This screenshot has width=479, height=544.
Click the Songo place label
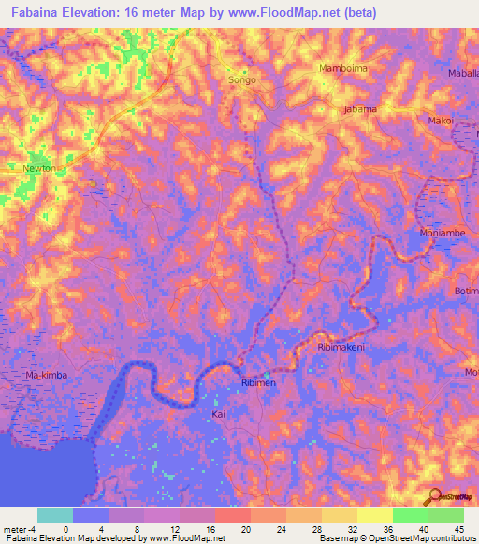click(x=242, y=80)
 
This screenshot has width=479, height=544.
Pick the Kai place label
click(x=218, y=413)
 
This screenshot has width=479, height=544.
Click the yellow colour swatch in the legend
click(x=374, y=515)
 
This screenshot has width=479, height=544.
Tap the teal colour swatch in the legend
click(x=55, y=515)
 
